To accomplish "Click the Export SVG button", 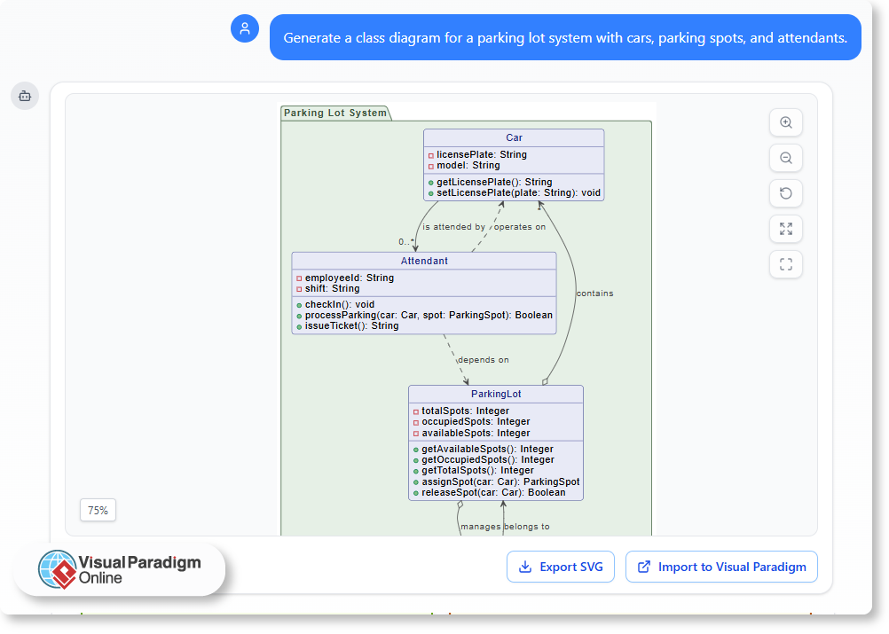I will tap(560, 567).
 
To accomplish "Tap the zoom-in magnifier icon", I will tap(785, 122).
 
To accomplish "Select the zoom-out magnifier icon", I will tap(785, 158).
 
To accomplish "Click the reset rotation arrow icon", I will tap(785, 193).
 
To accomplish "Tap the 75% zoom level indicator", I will tap(98, 510).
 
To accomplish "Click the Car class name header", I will tap(514, 137).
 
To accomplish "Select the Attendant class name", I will tap(424, 261).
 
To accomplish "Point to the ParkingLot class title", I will tap(496, 394).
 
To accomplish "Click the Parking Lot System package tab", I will tap(335, 113).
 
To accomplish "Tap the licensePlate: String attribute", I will tap(481, 154).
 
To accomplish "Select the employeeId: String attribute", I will tap(349, 278).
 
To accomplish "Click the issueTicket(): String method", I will tap(351, 325).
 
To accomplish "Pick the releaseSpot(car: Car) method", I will tap(492, 492).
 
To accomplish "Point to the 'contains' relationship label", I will tap(594, 294).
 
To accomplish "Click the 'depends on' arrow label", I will tap(484, 360).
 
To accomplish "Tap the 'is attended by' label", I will tap(453, 227).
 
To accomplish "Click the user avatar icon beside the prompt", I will tap(245, 28).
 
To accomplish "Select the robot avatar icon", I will tap(25, 96).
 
